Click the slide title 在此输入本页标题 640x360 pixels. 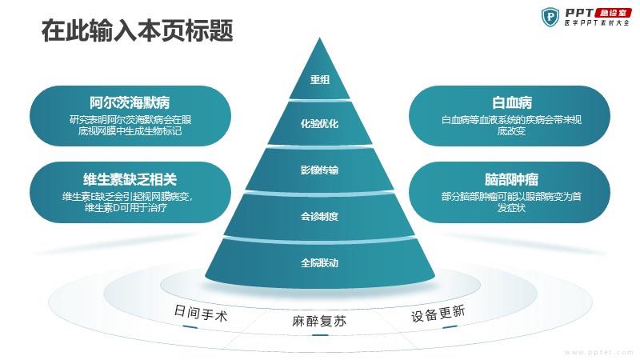pyautogui.click(x=137, y=30)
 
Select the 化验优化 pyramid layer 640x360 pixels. pyautogui.click(x=319, y=123)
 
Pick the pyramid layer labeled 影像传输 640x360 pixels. pyautogui.click(x=319, y=170)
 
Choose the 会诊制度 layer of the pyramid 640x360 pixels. pyautogui.click(x=319, y=216)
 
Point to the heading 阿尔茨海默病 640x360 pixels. pyautogui.click(x=130, y=102)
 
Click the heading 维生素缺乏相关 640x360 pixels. pyautogui.click(x=130, y=179)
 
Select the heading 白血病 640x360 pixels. pyautogui.click(x=512, y=102)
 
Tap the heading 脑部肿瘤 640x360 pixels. pyautogui.click(x=512, y=179)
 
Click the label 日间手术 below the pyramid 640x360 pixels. pyautogui.click(x=201, y=313)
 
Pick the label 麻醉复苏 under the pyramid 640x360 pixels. pyautogui.click(x=319, y=322)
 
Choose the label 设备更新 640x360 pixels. pyautogui.click(x=438, y=314)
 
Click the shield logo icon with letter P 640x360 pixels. pyautogui.click(x=550, y=18)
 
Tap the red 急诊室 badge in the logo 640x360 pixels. pyautogui.click(x=614, y=13)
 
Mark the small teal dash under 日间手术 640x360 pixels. pyautogui.click(x=190, y=326)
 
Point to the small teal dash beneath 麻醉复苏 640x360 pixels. pyautogui.click(x=320, y=335)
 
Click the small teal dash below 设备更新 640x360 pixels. pyautogui.click(x=450, y=326)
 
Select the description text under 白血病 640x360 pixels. pyautogui.click(x=511, y=126)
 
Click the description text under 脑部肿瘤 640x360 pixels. pyautogui.click(x=511, y=202)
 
